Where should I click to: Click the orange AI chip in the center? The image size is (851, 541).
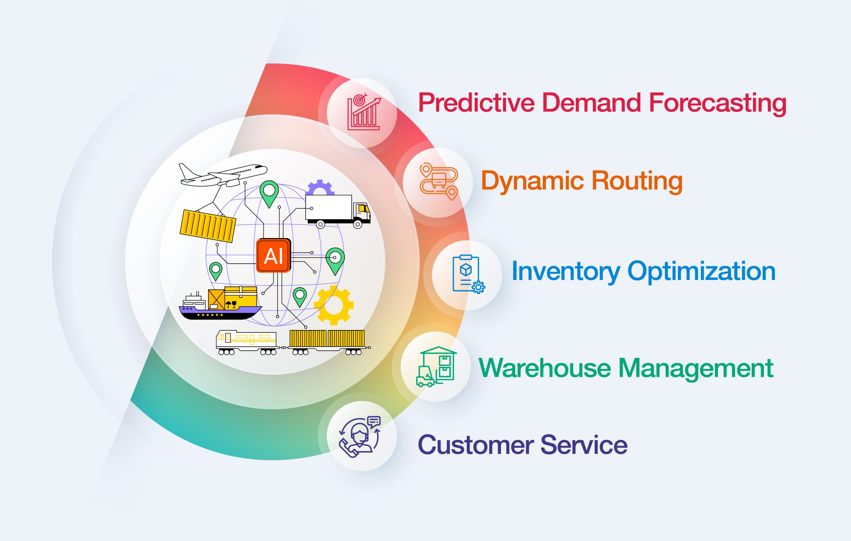pyautogui.click(x=274, y=255)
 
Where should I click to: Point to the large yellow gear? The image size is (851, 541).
pyautogui.click(x=334, y=305)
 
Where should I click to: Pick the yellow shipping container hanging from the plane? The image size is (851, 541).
pyautogui.click(x=207, y=225)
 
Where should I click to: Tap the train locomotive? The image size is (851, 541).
pyautogui.click(x=246, y=342)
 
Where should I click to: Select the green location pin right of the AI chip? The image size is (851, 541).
pyautogui.click(x=335, y=260)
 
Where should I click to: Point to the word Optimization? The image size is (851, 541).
pyautogui.click(x=701, y=272)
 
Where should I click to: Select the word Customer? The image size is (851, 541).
pyautogui.click(x=476, y=445)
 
